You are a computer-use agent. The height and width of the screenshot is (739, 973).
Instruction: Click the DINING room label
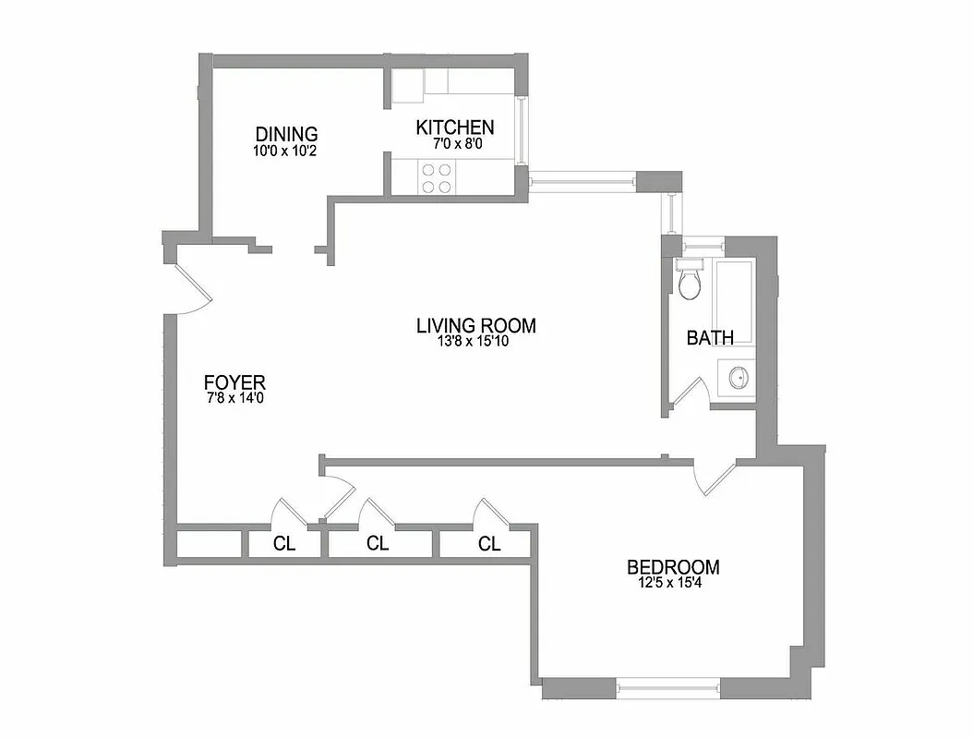[286, 134]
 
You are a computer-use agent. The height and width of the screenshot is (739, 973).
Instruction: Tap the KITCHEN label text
[454, 127]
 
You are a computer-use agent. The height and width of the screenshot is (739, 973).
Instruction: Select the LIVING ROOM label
[475, 325]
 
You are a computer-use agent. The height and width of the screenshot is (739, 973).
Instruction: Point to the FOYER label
[234, 382]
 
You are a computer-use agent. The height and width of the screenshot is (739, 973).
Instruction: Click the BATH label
[710, 337]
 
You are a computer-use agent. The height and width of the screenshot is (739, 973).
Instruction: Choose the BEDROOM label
[673, 567]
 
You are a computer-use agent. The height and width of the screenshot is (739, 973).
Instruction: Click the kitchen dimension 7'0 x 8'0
[454, 144]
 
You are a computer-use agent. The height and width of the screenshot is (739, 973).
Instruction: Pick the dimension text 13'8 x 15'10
[475, 342]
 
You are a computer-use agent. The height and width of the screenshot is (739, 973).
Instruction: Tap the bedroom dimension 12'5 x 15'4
[673, 583]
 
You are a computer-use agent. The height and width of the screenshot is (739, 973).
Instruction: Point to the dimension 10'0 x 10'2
[286, 150]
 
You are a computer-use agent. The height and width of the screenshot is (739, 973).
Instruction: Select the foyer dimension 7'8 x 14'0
[234, 398]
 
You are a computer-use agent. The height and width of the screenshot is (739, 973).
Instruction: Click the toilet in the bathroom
[690, 280]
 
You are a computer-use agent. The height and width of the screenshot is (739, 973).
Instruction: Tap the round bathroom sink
[738, 378]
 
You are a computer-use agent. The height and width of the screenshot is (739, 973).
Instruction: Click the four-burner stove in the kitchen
[437, 177]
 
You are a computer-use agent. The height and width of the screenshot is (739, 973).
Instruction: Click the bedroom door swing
[713, 473]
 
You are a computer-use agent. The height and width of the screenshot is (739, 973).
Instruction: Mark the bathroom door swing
[690, 393]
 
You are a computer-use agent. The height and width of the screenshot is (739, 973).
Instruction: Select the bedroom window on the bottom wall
[667, 686]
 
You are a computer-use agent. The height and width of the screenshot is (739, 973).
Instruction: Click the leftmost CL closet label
[284, 544]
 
